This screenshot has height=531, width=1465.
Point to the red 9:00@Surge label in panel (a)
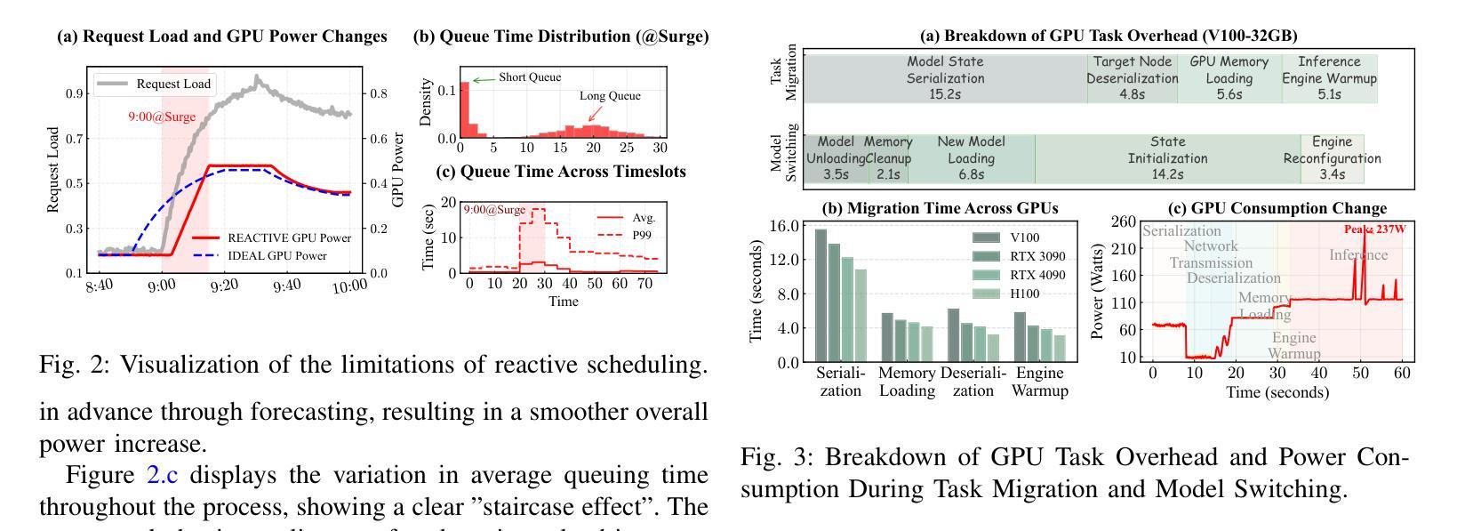click(160, 117)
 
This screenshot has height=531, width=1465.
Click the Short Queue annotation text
click(530, 77)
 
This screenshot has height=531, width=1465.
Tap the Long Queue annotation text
click(610, 96)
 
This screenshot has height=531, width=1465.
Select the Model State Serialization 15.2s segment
click(945, 77)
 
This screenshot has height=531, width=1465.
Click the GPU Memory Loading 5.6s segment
click(1229, 77)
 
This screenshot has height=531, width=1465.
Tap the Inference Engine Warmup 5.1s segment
click(1329, 77)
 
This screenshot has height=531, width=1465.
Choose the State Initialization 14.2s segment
click(1166, 158)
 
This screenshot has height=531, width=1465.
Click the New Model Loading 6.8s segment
click(971, 158)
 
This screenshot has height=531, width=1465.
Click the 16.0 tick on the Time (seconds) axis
click(786, 226)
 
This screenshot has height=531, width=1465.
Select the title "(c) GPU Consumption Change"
click(1277, 208)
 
